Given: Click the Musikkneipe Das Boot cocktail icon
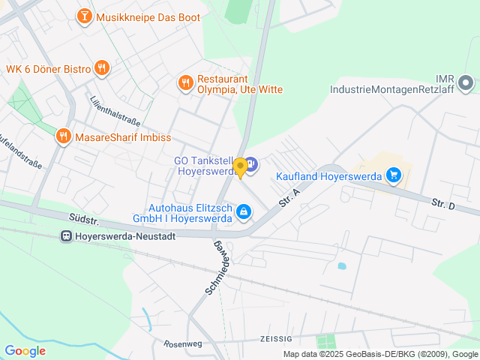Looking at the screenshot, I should [85, 16].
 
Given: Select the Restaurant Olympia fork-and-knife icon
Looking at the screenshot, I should [185, 82].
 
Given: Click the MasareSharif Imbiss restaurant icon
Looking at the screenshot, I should [64, 136].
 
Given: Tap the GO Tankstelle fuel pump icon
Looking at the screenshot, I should [251, 163].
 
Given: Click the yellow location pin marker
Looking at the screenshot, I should [240, 167].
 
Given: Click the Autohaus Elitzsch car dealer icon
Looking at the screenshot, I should [243, 213].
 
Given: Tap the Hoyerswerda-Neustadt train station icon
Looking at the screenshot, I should [66, 235].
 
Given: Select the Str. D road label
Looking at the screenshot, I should [443, 203].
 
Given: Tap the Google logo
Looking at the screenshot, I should [25, 350].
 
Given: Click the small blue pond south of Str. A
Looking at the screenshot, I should [342, 265].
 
